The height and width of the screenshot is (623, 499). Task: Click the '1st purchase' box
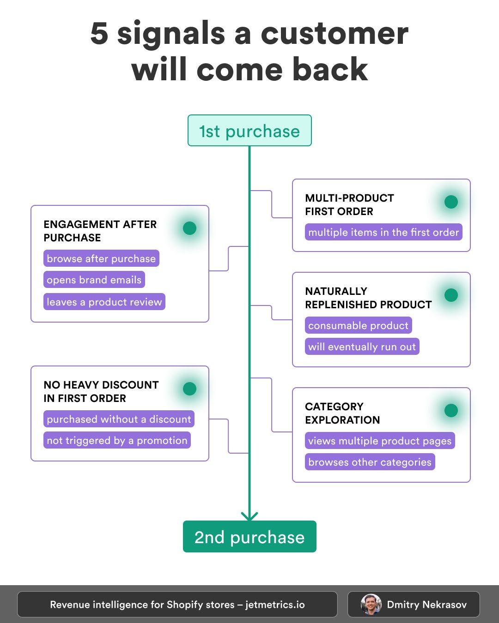click(249, 131)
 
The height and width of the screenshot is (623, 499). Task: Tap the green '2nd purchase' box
click(249, 537)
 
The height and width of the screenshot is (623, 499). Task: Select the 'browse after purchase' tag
click(101, 258)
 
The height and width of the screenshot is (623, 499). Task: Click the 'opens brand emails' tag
click(94, 280)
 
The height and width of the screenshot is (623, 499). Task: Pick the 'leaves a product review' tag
click(104, 302)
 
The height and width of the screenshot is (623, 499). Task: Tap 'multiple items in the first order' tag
click(383, 232)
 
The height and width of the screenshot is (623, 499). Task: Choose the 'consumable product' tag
click(358, 325)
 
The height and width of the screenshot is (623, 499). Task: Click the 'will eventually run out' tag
click(362, 347)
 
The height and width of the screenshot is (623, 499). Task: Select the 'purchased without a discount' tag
click(119, 419)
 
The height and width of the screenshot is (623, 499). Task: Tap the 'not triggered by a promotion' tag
click(117, 440)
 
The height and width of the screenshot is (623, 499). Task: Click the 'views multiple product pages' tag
click(380, 441)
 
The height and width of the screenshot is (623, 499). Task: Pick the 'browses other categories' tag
click(370, 462)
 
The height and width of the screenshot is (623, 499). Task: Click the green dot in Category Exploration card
click(451, 410)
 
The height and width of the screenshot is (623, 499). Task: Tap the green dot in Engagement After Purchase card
click(189, 228)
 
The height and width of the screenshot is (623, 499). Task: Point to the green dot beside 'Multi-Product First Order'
click(451, 202)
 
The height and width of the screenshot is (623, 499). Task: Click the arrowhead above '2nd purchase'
click(249, 516)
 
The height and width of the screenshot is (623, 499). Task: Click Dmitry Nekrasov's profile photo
click(371, 605)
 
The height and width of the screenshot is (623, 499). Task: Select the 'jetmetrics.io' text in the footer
click(275, 605)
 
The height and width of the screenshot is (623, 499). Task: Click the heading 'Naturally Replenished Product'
click(368, 298)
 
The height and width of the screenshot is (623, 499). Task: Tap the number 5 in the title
click(99, 34)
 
